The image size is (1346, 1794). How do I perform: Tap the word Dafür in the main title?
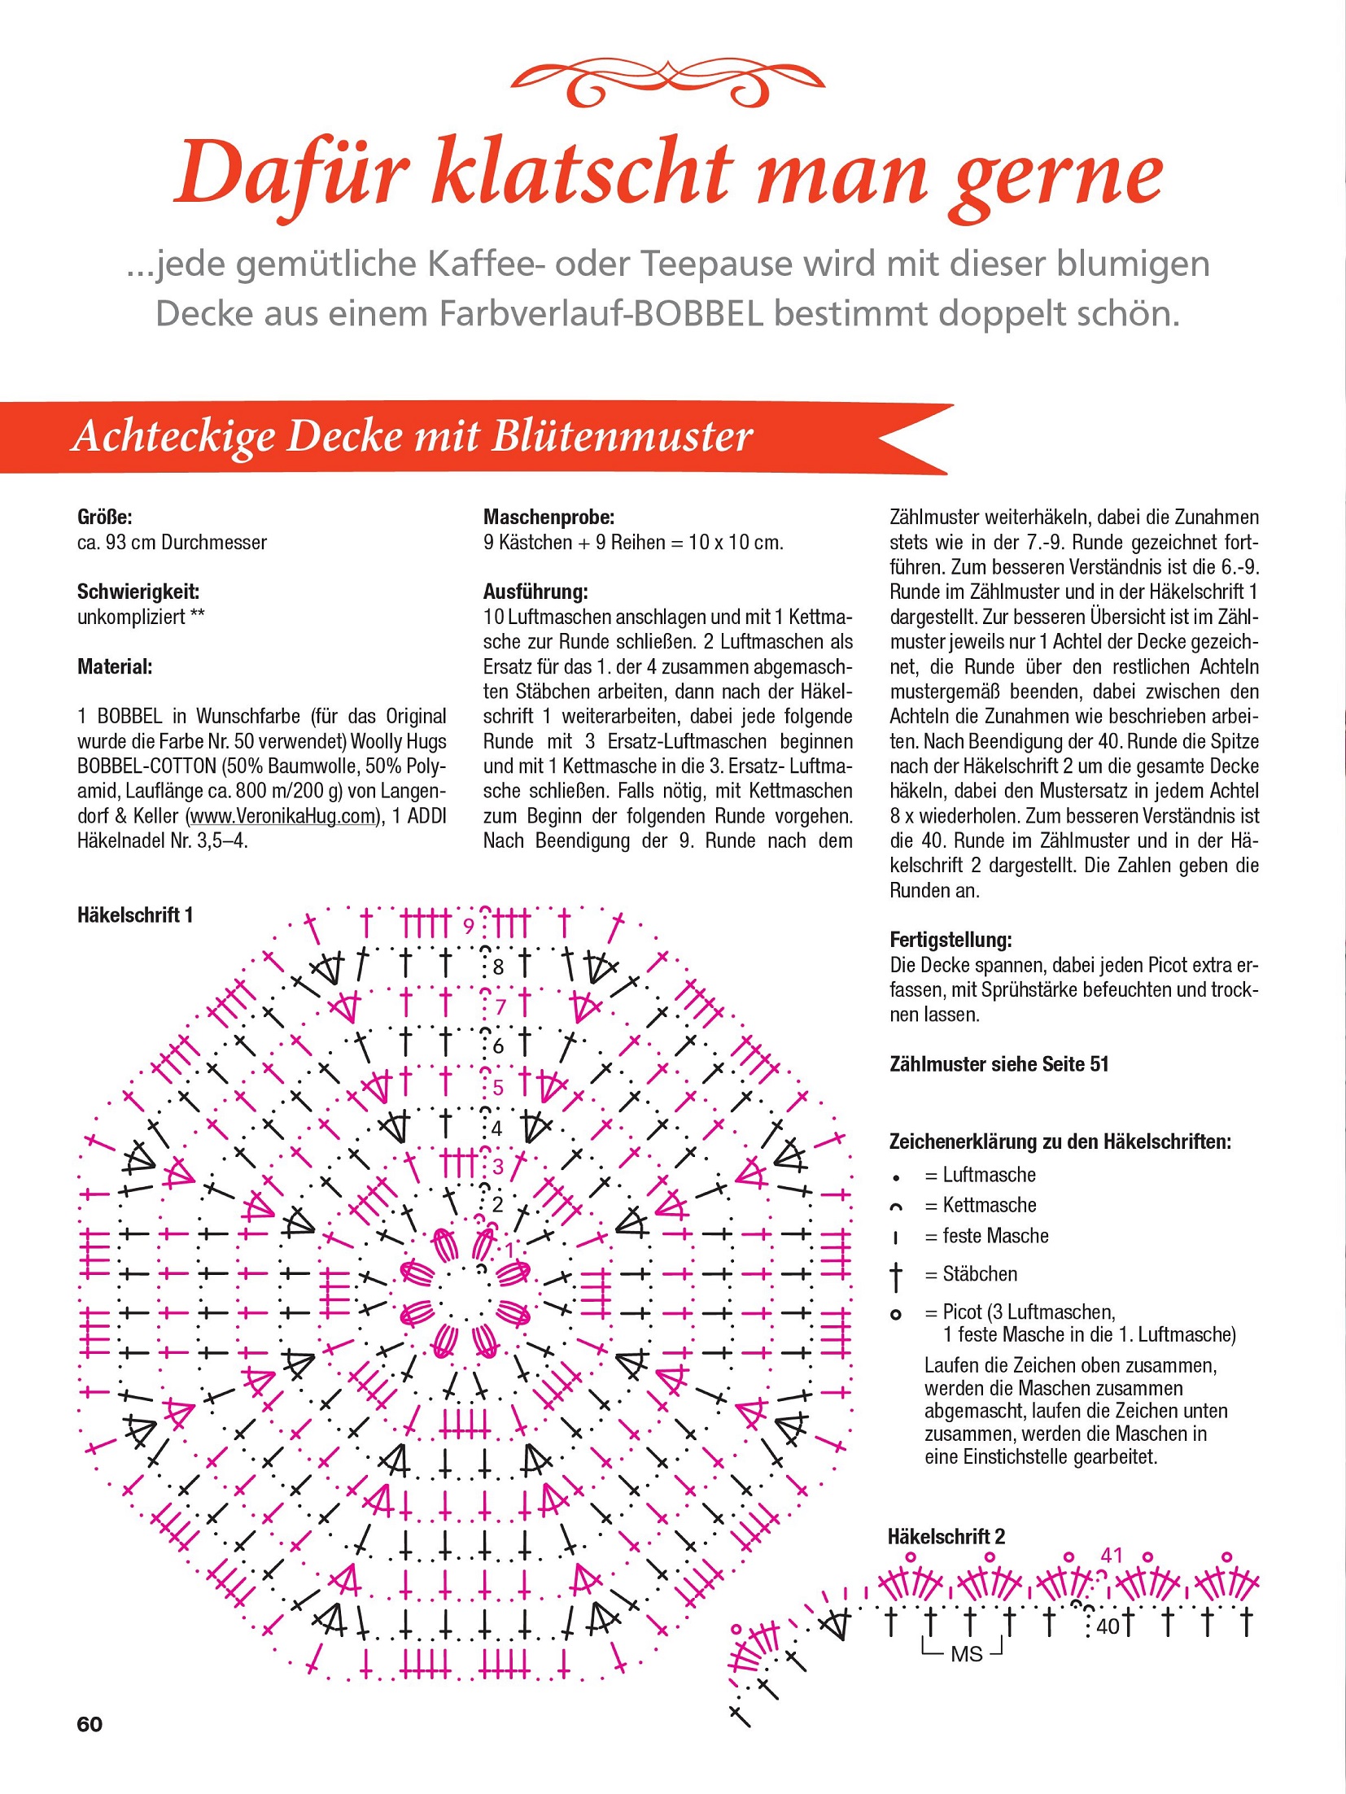[291, 175]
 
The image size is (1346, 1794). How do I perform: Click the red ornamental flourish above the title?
[667, 82]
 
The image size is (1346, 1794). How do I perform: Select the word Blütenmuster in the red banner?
[622, 436]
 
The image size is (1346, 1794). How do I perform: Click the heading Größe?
[104, 517]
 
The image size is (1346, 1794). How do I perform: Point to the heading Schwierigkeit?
[138, 591]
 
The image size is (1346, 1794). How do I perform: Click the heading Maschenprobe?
[548, 517]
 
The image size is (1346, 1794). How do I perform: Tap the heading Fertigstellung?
[950, 940]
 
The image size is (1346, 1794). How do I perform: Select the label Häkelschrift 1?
[135, 915]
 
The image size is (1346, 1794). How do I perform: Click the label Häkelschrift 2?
[946, 1536]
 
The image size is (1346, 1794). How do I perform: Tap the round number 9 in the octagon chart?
[469, 926]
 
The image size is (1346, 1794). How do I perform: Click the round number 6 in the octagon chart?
[498, 1046]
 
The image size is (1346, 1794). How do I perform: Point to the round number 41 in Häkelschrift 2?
[1112, 1555]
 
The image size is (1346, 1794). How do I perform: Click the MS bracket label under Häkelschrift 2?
[966, 1654]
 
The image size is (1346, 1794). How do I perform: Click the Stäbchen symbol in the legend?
[896, 1276]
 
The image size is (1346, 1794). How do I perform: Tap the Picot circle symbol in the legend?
[896, 1315]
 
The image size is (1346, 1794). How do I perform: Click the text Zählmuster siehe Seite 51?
[999, 1064]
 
